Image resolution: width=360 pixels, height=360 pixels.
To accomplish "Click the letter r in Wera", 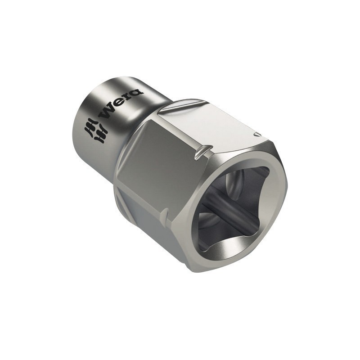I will pos(127,99).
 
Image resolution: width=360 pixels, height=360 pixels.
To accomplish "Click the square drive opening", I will pos(234,207).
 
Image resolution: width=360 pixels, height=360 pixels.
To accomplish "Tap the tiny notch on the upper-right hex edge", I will pos(256,134).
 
